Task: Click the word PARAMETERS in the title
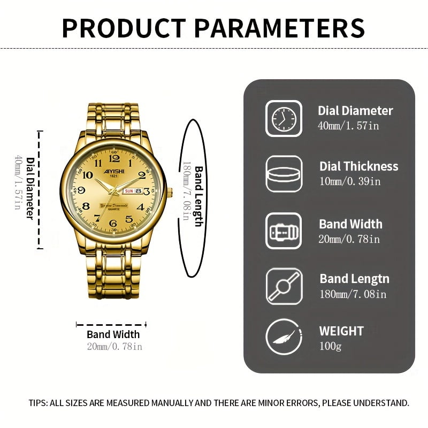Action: [279, 28]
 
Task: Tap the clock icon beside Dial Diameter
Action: [284, 119]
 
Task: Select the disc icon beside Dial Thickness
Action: [284, 174]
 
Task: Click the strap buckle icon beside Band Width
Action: [284, 231]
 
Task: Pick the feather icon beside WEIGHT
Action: [284, 337]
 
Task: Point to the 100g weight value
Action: [330, 346]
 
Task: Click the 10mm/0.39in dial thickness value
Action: [350, 181]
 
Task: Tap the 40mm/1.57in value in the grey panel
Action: [349, 126]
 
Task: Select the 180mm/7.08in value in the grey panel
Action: [353, 294]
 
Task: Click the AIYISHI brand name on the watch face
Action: [114, 171]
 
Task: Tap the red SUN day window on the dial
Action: [129, 191]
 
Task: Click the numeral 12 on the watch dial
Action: [114, 158]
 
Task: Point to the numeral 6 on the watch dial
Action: [113, 223]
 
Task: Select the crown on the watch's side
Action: [170, 193]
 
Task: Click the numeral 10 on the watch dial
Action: [88, 175]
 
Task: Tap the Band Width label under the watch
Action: [113, 334]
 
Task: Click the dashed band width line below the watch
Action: [111, 325]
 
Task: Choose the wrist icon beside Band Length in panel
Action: [284, 286]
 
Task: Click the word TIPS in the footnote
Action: [38, 403]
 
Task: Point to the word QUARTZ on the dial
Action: [114, 209]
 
